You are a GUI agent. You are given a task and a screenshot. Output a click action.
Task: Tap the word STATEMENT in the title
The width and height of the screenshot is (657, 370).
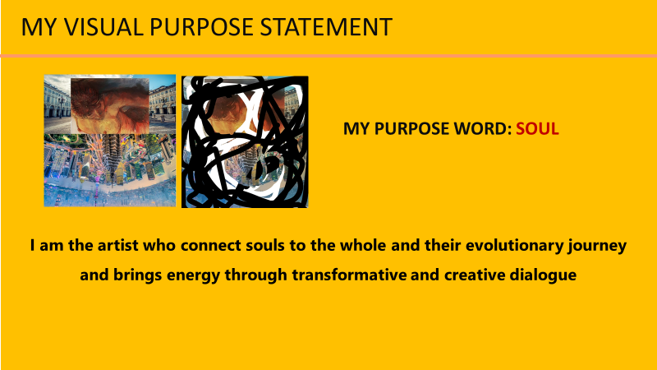[326, 27]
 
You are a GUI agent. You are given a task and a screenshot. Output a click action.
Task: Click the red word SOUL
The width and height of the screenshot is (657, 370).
[537, 129]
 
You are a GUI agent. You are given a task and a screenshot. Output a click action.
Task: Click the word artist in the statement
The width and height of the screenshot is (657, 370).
[117, 245]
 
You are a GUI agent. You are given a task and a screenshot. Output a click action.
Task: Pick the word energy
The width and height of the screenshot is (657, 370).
[193, 276]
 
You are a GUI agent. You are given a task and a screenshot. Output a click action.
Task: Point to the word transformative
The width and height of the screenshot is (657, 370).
[349, 275]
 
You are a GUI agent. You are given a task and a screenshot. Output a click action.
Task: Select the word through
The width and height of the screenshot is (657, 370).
[256, 276]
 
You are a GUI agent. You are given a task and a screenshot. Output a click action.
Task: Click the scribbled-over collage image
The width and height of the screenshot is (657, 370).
[245, 141]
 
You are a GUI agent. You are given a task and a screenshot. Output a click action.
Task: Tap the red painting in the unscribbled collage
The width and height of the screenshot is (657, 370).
[110, 106]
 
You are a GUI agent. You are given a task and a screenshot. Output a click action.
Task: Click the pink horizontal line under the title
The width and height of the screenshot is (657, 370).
[328, 56]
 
